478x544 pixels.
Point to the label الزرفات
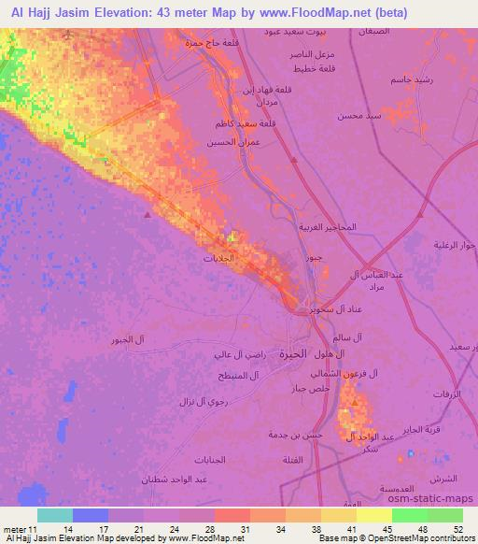448,394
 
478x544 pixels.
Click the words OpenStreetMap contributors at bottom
428,539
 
